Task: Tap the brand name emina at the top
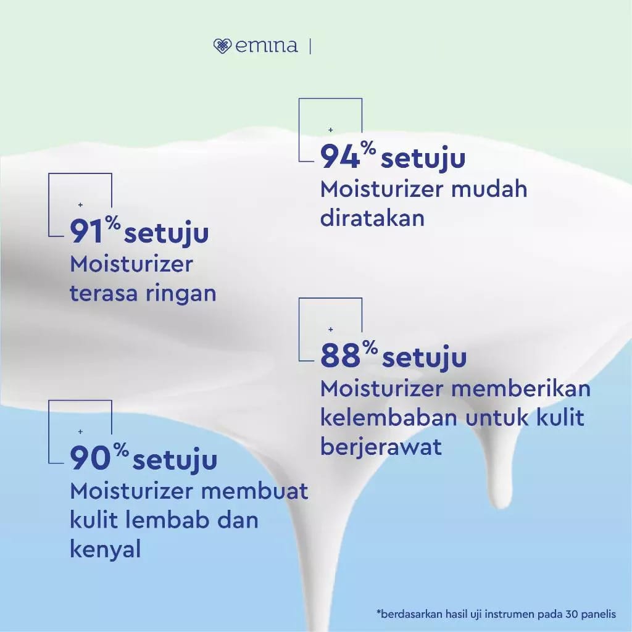click(x=267, y=46)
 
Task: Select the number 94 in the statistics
click(x=339, y=157)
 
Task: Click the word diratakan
click(x=372, y=218)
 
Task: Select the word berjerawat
click(x=381, y=446)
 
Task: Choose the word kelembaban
click(x=389, y=418)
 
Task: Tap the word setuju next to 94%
click(x=423, y=159)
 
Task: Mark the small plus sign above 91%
click(x=80, y=205)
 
